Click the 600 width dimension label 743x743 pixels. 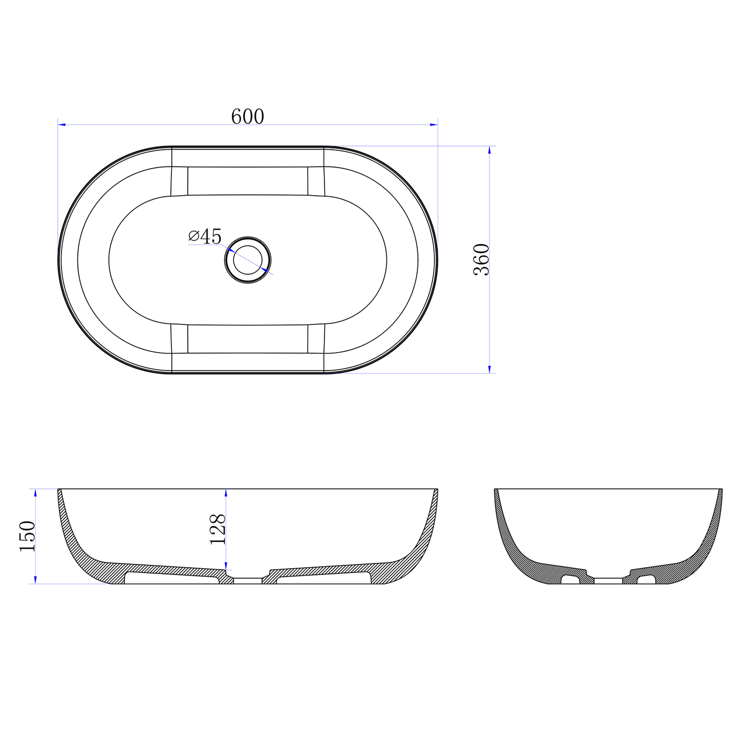[248, 116]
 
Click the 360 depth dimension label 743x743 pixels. [481, 260]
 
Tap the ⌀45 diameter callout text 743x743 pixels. [205, 236]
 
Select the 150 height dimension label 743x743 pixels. [27, 536]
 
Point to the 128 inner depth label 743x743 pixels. [218, 530]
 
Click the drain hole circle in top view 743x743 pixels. [248, 260]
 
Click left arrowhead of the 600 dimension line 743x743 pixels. [62, 125]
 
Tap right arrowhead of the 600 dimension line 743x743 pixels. [434, 125]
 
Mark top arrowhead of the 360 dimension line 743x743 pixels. [489, 150]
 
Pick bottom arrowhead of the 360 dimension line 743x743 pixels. [489, 369]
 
